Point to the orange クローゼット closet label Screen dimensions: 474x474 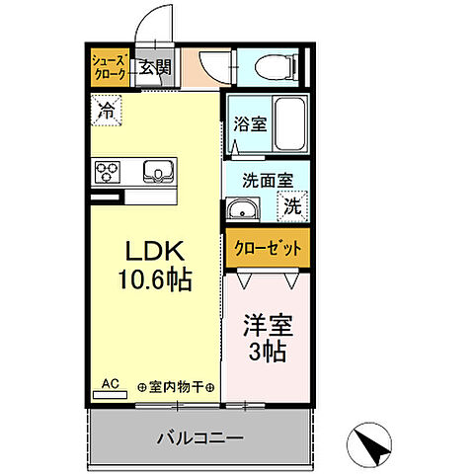266,247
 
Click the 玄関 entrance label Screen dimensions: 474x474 154,67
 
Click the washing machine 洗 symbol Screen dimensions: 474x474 292,207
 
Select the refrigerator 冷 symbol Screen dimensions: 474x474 105,111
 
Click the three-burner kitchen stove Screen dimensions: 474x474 107,172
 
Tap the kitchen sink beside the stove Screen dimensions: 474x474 157,172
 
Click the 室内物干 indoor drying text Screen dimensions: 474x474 177,387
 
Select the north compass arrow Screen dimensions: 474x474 371,446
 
